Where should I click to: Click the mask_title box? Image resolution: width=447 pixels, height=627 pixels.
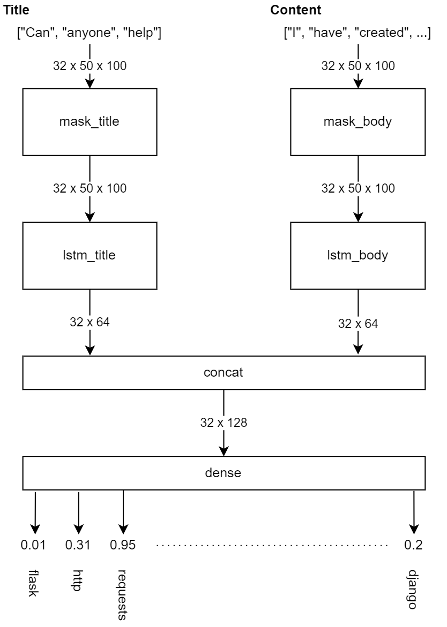point(90,121)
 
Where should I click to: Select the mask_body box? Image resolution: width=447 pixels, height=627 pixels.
point(357,121)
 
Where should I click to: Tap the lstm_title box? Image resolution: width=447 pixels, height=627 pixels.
point(90,255)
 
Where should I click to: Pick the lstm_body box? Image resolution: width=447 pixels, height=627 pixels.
point(357,255)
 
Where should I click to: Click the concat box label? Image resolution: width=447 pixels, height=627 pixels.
point(223,372)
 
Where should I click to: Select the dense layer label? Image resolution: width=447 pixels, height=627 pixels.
point(223,473)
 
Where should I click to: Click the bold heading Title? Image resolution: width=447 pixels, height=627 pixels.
point(17,10)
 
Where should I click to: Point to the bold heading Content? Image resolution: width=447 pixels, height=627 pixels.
point(296,10)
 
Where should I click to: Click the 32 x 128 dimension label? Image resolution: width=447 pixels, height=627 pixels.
point(223,422)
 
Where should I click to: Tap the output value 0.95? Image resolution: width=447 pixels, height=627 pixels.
point(123,545)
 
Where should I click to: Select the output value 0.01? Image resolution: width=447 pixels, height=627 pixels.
point(33,545)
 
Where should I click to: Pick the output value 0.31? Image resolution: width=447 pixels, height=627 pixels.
point(78,545)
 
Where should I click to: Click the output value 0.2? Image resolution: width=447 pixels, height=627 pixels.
point(413,545)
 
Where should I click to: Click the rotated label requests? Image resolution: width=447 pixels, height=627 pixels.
point(123,594)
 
